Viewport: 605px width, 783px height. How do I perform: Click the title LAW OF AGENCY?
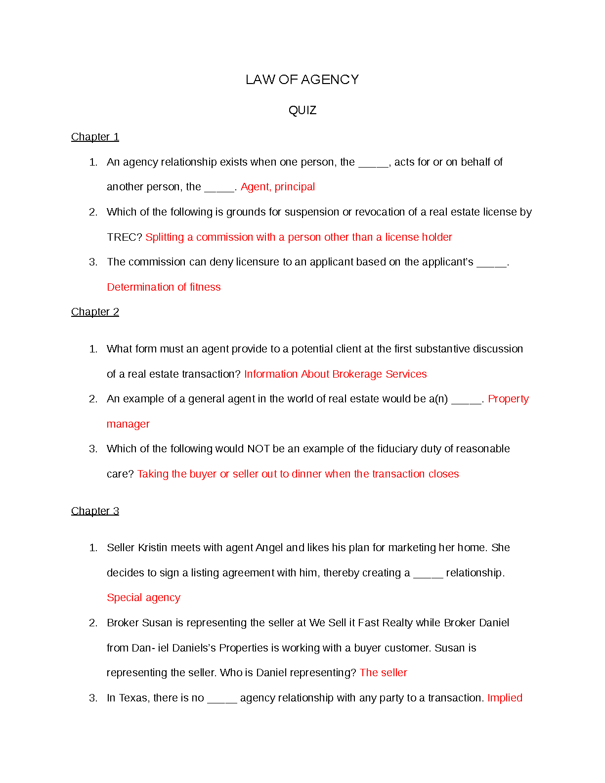click(302, 80)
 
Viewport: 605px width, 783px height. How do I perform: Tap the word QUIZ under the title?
click(302, 110)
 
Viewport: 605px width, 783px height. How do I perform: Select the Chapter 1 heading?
click(95, 137)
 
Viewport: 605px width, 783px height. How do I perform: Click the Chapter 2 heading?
click(95, 312)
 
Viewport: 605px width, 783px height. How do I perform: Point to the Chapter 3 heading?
click(95, 511)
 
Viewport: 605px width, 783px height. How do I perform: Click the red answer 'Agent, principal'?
click(278, 187)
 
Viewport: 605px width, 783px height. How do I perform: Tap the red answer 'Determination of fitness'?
click(164, 287)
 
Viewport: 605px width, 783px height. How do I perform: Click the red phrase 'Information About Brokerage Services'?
click(335, 374)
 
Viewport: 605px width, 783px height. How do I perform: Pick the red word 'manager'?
click(128, 424)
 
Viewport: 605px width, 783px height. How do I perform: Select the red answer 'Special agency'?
click(143, 598)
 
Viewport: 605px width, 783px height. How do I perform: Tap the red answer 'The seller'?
click(383, 673)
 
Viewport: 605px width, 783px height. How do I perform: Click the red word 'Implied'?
click(505, 698)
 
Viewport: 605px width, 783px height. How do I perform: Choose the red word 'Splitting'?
click(165, 237)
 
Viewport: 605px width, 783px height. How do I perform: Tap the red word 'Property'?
click(508, 399)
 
